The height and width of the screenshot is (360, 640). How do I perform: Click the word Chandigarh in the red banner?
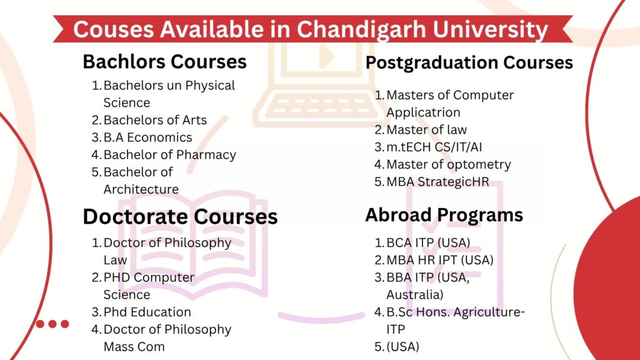(361, 30)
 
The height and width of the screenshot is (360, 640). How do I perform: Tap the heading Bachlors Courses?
(164, 62)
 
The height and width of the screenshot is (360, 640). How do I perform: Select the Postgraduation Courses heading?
(469, 63)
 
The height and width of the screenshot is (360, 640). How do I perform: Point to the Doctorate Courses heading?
(180, 216)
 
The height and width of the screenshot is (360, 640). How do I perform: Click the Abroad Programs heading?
(444, 215)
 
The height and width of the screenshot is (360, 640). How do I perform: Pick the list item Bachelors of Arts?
(155, 120)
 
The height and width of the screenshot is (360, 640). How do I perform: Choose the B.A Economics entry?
(147, 137)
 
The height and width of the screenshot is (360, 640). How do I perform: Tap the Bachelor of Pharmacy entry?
(170, 155)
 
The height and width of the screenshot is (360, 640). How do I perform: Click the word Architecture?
(141, 189)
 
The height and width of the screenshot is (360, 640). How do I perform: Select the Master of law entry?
(426, 130)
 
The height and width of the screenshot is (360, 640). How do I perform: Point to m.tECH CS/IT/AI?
(434, 147)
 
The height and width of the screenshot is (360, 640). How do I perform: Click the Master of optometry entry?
(449, 164)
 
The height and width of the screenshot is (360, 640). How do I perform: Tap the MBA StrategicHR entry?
(437, 182)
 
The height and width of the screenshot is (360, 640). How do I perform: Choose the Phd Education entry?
(147, 312)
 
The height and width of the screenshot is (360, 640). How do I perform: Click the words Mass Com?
(134, 347)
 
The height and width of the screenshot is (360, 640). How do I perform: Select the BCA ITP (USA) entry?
(428, 243)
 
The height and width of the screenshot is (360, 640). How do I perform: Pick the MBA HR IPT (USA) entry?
(440, 260)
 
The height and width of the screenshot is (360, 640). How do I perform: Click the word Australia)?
(415, 295)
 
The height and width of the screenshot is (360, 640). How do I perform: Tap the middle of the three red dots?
(52, 324)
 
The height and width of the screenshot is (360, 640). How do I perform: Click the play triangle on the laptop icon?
(326, 56)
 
